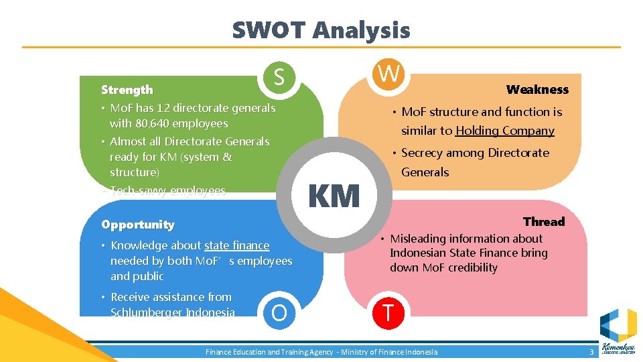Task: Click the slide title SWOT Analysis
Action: pos(321,30)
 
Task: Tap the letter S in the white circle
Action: pos(279,78)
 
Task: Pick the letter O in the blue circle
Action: pos(279,312)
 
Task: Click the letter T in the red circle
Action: pos(387,312)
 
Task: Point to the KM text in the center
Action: pos(334,196)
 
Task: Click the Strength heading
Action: pos(127,90)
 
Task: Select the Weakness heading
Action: pos(537,90)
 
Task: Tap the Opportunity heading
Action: pos(137,225)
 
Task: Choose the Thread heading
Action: pos(544,222)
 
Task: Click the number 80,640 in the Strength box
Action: pos(151,123)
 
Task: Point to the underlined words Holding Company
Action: pos(505,131)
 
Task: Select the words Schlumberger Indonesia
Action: pos(173,312)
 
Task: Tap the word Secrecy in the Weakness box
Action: pos(422,153)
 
